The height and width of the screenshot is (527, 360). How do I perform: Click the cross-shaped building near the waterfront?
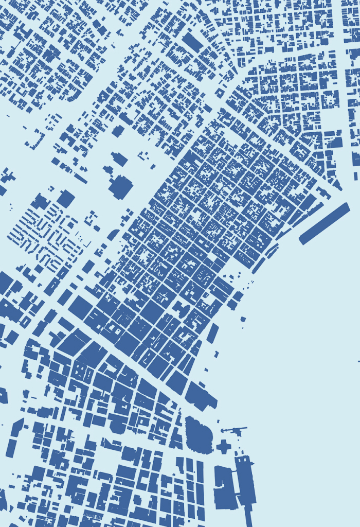point(224,446)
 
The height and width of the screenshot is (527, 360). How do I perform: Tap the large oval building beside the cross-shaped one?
point(199,435)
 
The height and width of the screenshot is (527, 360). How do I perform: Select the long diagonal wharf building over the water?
point(325,223)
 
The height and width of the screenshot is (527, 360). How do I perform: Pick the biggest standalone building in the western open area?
point(121,186)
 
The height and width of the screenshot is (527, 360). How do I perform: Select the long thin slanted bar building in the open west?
point(80,178)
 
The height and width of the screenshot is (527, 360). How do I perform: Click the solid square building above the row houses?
point(65,199)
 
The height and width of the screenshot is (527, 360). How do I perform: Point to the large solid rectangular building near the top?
point(193,42)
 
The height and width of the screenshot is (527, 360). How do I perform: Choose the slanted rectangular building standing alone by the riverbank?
point(212,333)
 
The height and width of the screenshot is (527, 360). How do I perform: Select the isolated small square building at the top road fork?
point(220,93)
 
